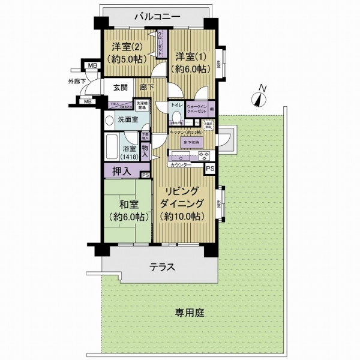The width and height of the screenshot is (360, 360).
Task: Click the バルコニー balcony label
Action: [152, 16]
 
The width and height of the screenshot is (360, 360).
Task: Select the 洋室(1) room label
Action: [191, 62]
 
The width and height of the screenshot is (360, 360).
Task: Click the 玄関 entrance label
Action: [119, 88]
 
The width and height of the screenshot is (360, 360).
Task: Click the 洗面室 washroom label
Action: [128, 119]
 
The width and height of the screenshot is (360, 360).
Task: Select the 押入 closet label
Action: [120, 171]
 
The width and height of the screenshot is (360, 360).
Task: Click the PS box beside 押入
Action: [145, 175]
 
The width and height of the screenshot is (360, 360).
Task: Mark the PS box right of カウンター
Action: [209, 169]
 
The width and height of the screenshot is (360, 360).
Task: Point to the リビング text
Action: [184, 193]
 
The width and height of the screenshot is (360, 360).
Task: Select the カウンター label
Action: [181, 164]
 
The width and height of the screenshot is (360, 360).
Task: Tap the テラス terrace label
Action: [162, 268]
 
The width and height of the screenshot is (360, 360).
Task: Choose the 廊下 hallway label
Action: [146, 88]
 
